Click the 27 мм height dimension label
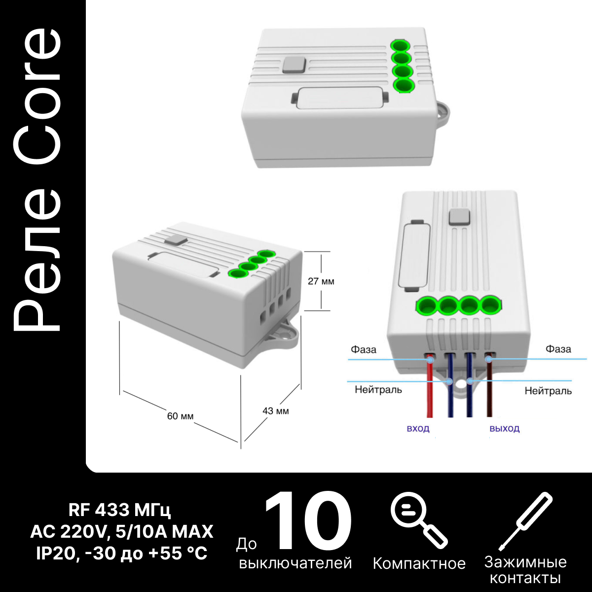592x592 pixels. click(321, 281)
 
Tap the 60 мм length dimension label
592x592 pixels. click(181, 416)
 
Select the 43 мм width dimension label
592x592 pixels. click(276, 411)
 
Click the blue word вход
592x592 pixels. click(418, 429)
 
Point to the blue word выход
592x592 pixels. click(505, 429)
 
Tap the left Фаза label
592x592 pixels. click(364, 350)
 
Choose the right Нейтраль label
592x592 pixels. click(548, 391)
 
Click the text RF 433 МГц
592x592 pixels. click(119, 510)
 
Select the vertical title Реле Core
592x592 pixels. click(37, 180)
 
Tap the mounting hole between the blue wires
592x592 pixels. click(459, 387)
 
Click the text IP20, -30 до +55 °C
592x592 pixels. click(122, 554)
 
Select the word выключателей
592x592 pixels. click(295, 563)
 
